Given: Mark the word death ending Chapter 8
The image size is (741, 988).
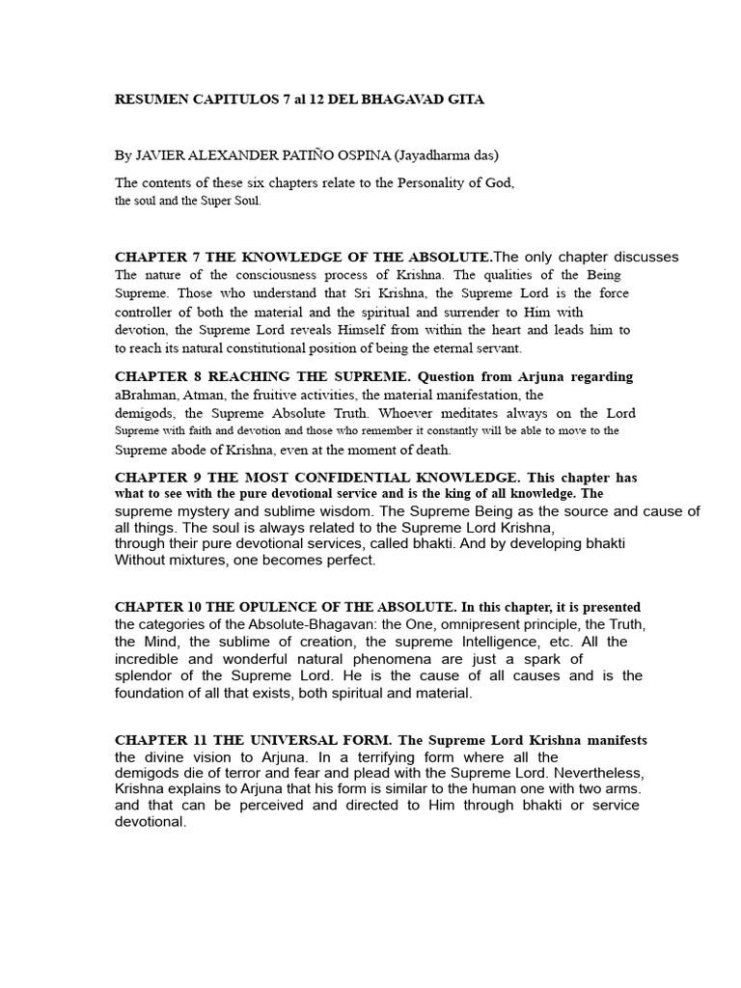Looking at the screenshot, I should coord(429,450).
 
